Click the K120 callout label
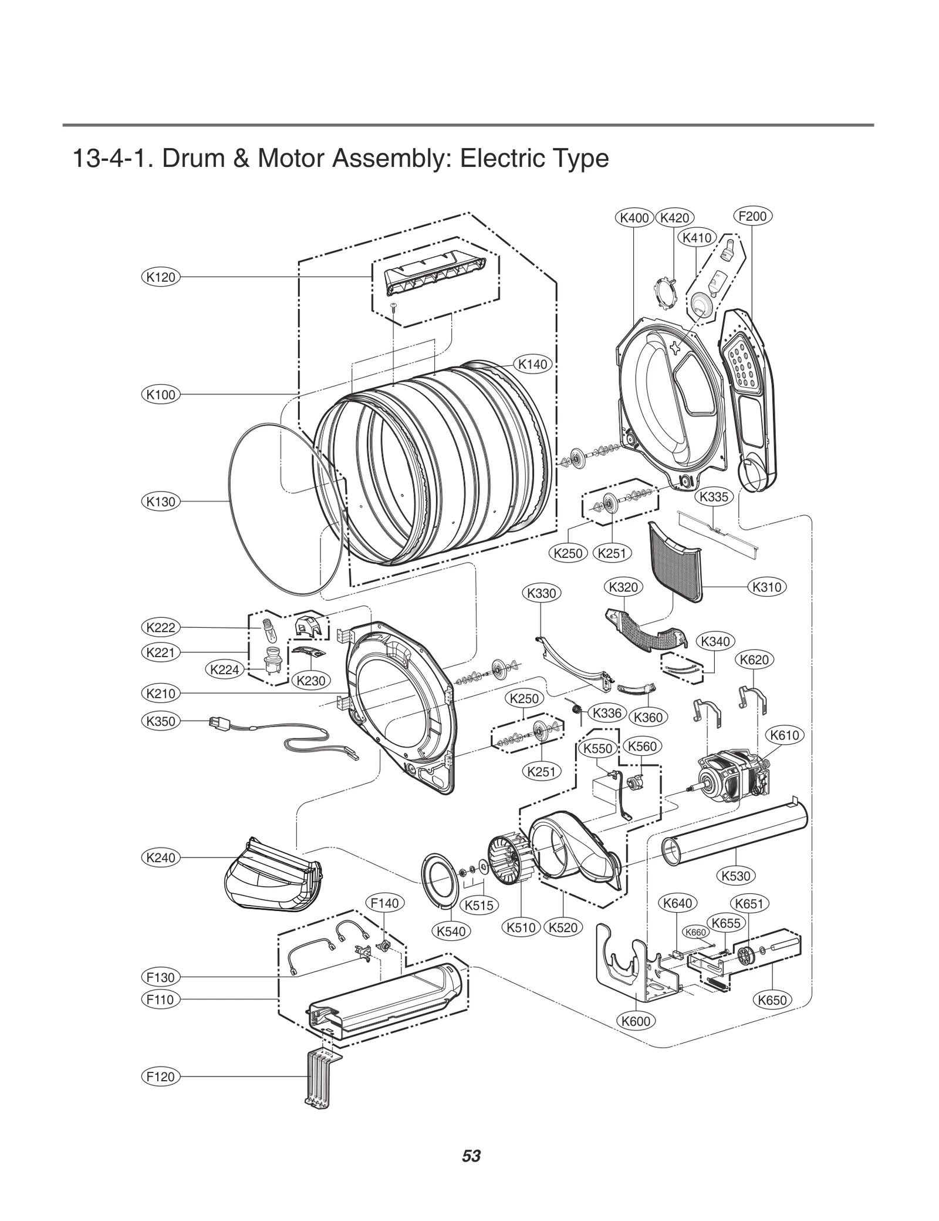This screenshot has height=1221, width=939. [160, 277]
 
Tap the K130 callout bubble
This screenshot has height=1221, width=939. [160, 502]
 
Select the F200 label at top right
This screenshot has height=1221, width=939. [752, 216]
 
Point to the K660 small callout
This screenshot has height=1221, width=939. [696, 932]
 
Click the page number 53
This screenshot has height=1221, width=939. [471, 1156]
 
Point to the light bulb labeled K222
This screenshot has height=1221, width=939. [269, 631]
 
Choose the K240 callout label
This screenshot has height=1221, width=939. [160, 857]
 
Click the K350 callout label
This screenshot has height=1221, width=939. [160, 721]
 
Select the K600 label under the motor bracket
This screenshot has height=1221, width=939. [636, 1021]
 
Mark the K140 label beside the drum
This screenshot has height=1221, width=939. [532, 364]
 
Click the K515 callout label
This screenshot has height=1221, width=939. [479, 905]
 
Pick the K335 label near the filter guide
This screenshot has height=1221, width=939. [714, 497]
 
